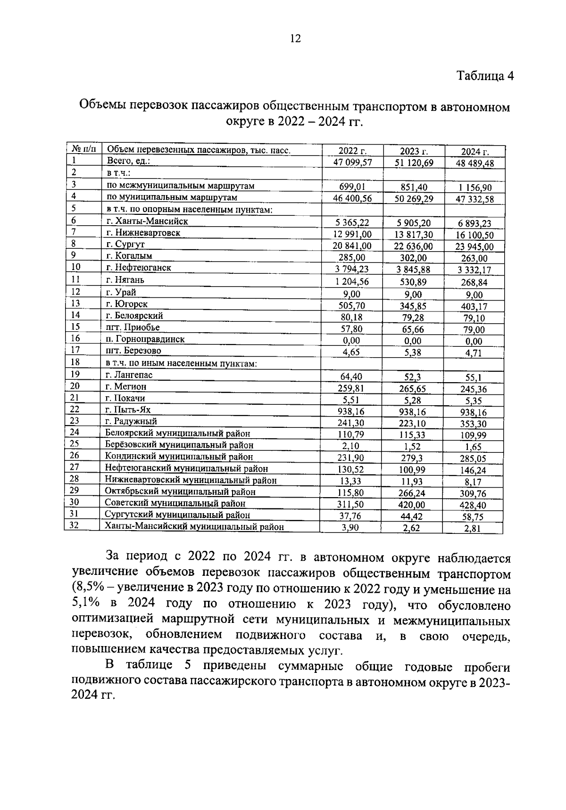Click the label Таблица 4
coord(485,76)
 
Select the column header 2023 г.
coord(414,151)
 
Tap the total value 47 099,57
coord(352,163)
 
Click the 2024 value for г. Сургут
coord(474,246)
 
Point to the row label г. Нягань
coord(125,280)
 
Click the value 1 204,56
coord(352,282)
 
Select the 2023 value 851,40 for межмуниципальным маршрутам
coord(413,187)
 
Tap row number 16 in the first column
coord(76,338)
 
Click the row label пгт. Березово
coord(133,351)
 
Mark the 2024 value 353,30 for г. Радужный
coord(474,423)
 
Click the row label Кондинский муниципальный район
coord(179,457)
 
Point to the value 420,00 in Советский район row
coord(410,505)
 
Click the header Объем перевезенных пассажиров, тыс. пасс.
coord(198,151)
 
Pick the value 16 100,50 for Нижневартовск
coord(474,235)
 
